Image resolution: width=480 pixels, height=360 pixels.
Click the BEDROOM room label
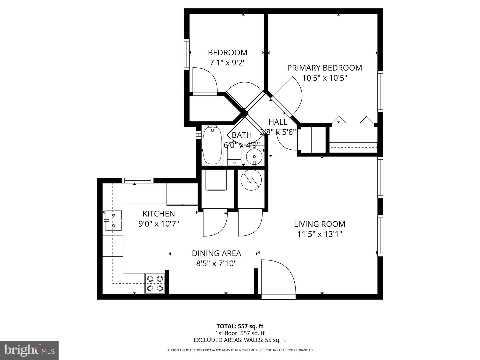point(227,53)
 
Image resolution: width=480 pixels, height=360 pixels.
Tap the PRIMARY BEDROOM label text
point(324,68)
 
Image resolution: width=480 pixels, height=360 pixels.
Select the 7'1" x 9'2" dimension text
point(227,63)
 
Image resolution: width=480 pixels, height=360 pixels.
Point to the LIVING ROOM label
point(319,224)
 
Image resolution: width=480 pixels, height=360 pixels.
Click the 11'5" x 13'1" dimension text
point(319,234)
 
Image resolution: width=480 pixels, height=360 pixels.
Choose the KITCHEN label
point(159,214)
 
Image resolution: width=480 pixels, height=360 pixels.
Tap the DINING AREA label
point(216,253)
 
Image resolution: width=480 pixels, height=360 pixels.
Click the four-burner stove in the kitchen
point(155,283)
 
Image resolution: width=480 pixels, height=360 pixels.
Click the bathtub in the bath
point(212,146)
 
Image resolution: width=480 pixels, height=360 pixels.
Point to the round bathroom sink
point(254,156)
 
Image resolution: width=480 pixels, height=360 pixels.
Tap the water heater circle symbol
point(252,180)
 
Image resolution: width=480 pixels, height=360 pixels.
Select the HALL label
point(278,122)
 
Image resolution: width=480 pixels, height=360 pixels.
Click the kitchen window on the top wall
point(138,180)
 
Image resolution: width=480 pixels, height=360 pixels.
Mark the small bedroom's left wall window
point(187,54)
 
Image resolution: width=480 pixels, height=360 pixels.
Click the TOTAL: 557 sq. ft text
point(240,326)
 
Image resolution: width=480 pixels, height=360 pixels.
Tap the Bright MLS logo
point(29,350)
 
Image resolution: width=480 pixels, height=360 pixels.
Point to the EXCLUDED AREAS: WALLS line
point(240,340)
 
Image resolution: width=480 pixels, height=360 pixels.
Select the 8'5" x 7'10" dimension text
point(216,264)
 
